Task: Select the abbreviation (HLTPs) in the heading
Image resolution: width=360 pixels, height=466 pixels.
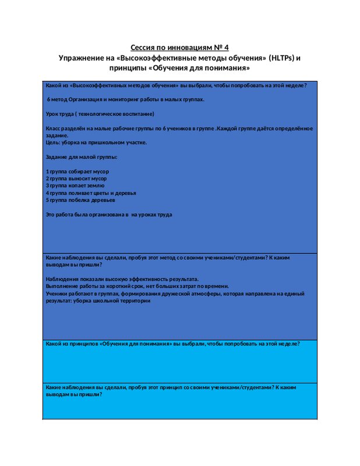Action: coord(278,58)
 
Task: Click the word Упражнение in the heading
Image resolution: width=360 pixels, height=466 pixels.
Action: coord(82,58)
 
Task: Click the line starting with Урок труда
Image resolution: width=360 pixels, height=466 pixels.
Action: coord(100,114)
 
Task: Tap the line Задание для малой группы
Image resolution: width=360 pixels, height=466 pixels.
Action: coord(82,157)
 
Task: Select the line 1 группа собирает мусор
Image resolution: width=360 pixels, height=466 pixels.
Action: coord(77,171)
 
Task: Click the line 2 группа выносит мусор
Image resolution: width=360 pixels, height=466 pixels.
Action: coord(76,178)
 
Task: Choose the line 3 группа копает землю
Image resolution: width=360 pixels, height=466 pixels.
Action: coord(76,185)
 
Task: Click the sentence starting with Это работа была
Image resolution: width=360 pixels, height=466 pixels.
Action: coord(109,214)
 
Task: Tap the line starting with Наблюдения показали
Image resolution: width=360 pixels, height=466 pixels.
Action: coord(122,279)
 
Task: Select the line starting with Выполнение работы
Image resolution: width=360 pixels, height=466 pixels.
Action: coord(137,286)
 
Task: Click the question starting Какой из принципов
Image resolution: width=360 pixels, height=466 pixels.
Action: coord(172,344)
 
